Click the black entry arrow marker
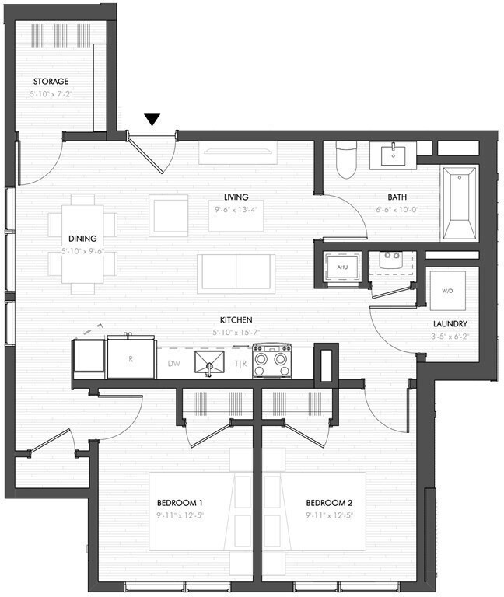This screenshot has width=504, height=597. pyautogui.click(x=152, y=120)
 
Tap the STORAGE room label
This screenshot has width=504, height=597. pyautogui.click(x=51, y=81)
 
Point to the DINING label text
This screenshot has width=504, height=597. pyautogui.click(x=82, y=239)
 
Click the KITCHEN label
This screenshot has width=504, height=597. pyautogui.click(x=236, y=319)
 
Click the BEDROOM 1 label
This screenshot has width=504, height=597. pyautogui.click(x=180, y=502)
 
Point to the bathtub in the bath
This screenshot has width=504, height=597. pyautogui.click(x=460, y=205)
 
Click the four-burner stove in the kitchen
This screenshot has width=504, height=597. pyautogui.click(x=271, y=361)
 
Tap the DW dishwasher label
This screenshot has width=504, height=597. pyautogui.click(x=173, y=363)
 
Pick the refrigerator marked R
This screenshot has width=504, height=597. pyautogui.click(x=130, y=360)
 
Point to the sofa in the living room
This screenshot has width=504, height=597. pyautogui.click(x=236, y=273)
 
